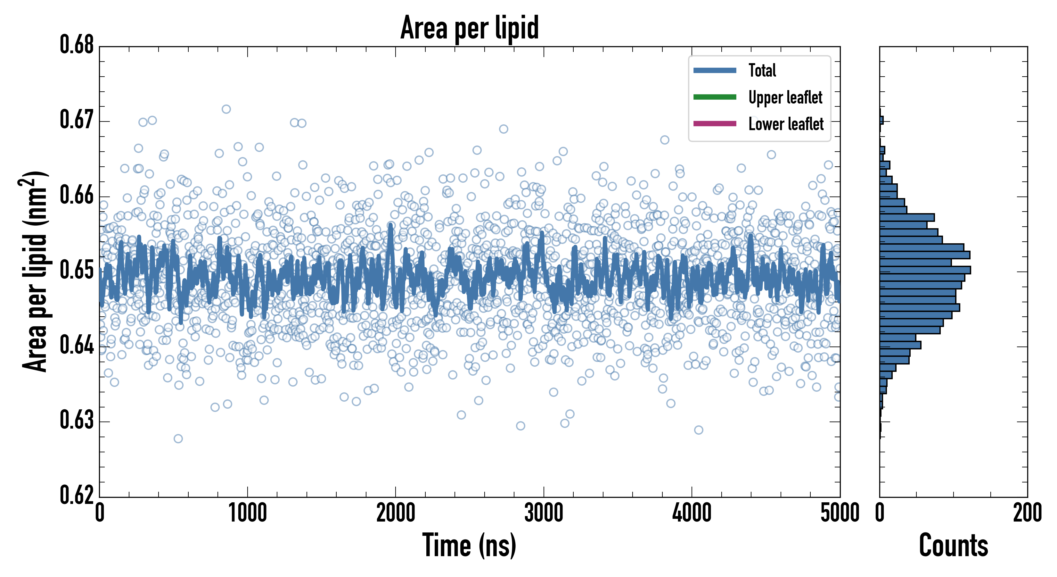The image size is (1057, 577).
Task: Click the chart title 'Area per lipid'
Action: click(x=470, y=28)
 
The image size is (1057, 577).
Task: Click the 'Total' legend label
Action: click(x=762, y=71)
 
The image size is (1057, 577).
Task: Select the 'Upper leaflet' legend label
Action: click(x=785, y=97)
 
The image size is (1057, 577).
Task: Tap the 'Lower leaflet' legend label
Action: click(x=786, y=124)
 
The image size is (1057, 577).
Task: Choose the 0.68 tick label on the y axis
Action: click(x=77, y=45)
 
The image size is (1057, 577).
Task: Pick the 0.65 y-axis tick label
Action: click(x=77, y=270)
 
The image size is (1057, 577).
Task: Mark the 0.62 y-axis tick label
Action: click(x=77, y=495)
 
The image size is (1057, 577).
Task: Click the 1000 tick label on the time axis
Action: click(x=247, y=513)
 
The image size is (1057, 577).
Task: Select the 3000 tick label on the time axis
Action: click(x=544, y=513)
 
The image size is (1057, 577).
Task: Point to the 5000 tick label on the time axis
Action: click(x=840, y=513)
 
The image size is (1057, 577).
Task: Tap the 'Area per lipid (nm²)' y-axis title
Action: click(x=35, y=271)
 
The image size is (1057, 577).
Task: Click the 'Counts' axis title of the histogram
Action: click(x=953, y=545)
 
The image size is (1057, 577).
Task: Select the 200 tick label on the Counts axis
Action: click(x=1027, y=513)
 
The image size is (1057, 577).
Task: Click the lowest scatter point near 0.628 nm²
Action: click(x=178, y=439)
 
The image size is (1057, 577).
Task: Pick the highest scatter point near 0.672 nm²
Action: click(x=226, y=109)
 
